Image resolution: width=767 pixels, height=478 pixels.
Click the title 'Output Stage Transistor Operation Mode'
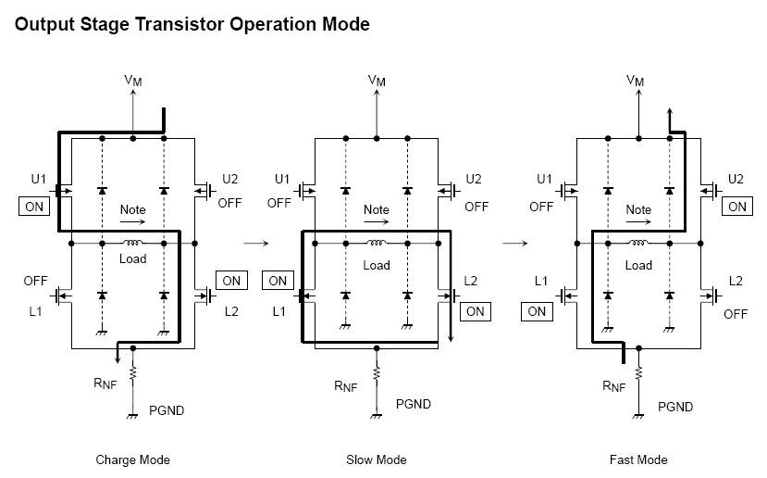(x=192, y=24)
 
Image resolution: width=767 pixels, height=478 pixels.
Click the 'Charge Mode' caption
(x=132, y=459)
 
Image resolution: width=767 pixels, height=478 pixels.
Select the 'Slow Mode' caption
(x=377, y=459)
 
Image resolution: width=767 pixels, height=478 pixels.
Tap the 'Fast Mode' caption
(x=638, y=459)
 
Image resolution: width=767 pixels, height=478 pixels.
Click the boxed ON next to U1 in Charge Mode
(x=33, y=207)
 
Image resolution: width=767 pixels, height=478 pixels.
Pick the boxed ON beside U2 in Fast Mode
(x=736, y=207)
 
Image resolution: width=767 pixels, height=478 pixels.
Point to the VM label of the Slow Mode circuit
(x=377, y=81)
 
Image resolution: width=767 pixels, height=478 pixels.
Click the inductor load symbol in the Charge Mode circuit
(x=132, y=243)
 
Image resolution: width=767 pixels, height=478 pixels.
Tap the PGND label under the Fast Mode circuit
(x=675, y=407)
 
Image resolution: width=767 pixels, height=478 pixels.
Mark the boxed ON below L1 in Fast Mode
(x=537, y=311)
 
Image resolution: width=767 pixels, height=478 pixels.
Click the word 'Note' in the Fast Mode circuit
(x=638, y=210)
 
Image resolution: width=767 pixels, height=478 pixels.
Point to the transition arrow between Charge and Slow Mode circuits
(x=254, y=244)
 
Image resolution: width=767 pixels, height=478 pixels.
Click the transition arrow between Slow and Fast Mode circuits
(x=515, y=244)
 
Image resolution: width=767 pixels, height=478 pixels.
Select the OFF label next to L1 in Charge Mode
(x=36, y=280)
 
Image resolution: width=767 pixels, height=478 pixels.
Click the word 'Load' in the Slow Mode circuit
(x=377, y=265)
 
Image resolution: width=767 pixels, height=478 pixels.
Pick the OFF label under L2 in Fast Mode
(x=736, y=314)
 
